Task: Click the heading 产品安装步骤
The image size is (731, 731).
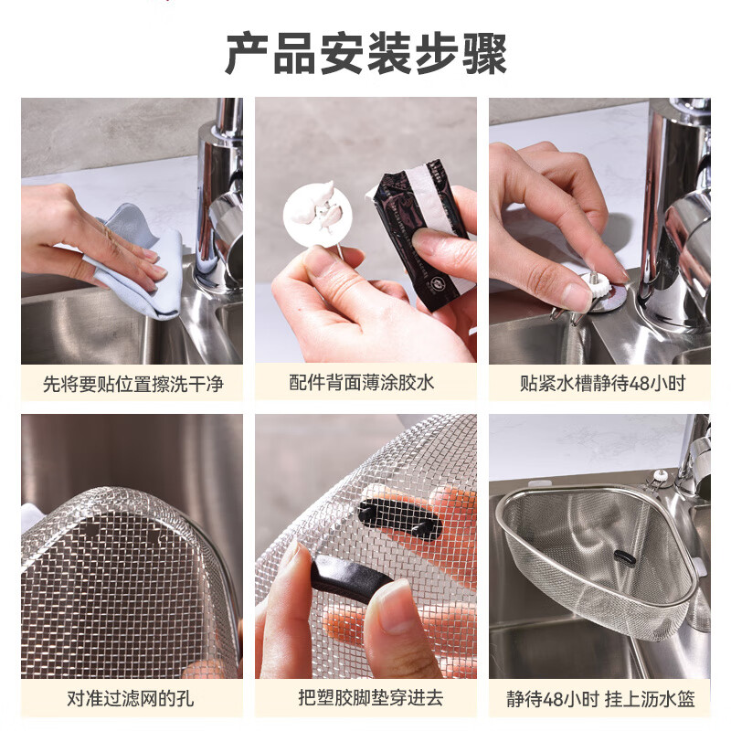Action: (x=365, y=55)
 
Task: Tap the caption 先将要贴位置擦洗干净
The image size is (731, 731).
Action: (x=132, y=383)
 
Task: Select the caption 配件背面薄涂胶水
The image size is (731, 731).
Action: (x=365, y=383)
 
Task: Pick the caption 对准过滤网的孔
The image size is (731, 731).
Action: (x=131, y=699)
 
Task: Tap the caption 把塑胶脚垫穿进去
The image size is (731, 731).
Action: (x=365, y=699)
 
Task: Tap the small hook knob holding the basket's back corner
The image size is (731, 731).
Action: (x=657, y=477)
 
